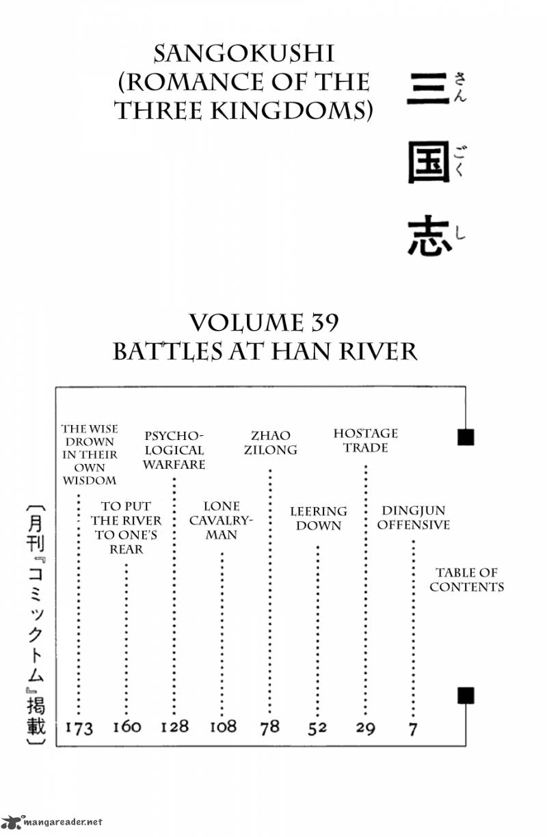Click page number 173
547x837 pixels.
pos(79,728)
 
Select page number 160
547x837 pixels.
pos(126,726)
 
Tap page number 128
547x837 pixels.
pos(174,726)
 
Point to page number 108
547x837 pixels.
pos(222,726)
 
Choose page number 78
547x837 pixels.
pos(270,726)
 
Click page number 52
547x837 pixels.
pos(317,728)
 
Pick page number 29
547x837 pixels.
pos(365,728)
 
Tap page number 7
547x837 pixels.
pos(412,728)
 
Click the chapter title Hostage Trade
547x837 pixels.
pos(365,441)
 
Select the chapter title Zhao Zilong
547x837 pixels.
pos(270,442)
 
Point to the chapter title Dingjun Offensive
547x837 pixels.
pos(414,518)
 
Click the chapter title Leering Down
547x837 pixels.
pos(318,519)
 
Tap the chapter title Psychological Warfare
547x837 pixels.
pos(174,450)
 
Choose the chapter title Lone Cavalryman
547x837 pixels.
pos(222,521)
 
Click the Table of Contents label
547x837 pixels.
pos(466,579)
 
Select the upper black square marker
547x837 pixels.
pos(466,437)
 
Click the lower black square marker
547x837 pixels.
pos(466,696)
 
